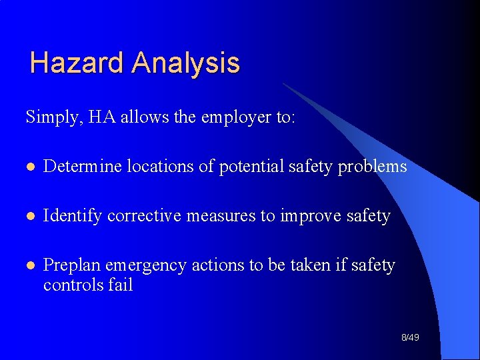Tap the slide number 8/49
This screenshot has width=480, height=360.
pyautogui.click(x=410, y=338)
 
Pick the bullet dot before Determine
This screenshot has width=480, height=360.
pyautogui.click(x=28, y=167)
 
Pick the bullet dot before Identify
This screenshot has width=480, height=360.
pyautogui.click(x=28, y=216)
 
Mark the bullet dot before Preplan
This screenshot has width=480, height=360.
pyautogui.click(x=28, y=265)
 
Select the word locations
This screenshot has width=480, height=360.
pyautogui.click(x=159, y=166)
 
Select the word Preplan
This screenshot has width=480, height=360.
pyautogui.click(x=70, y=265)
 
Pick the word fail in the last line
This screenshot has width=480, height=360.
pyautogui.click(x=120, y=285)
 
